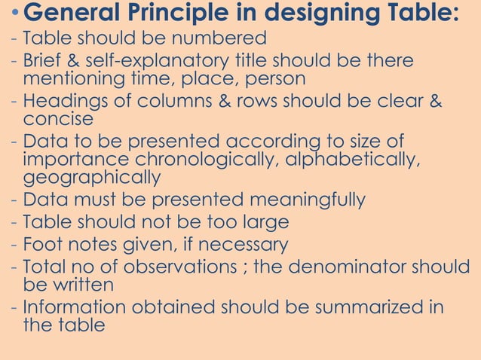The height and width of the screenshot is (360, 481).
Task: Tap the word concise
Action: coord(58,119)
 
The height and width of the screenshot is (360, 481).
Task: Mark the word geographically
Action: coord(92,178)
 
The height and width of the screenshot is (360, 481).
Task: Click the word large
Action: coord(262,222)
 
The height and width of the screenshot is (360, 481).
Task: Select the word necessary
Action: coord(237,245)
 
